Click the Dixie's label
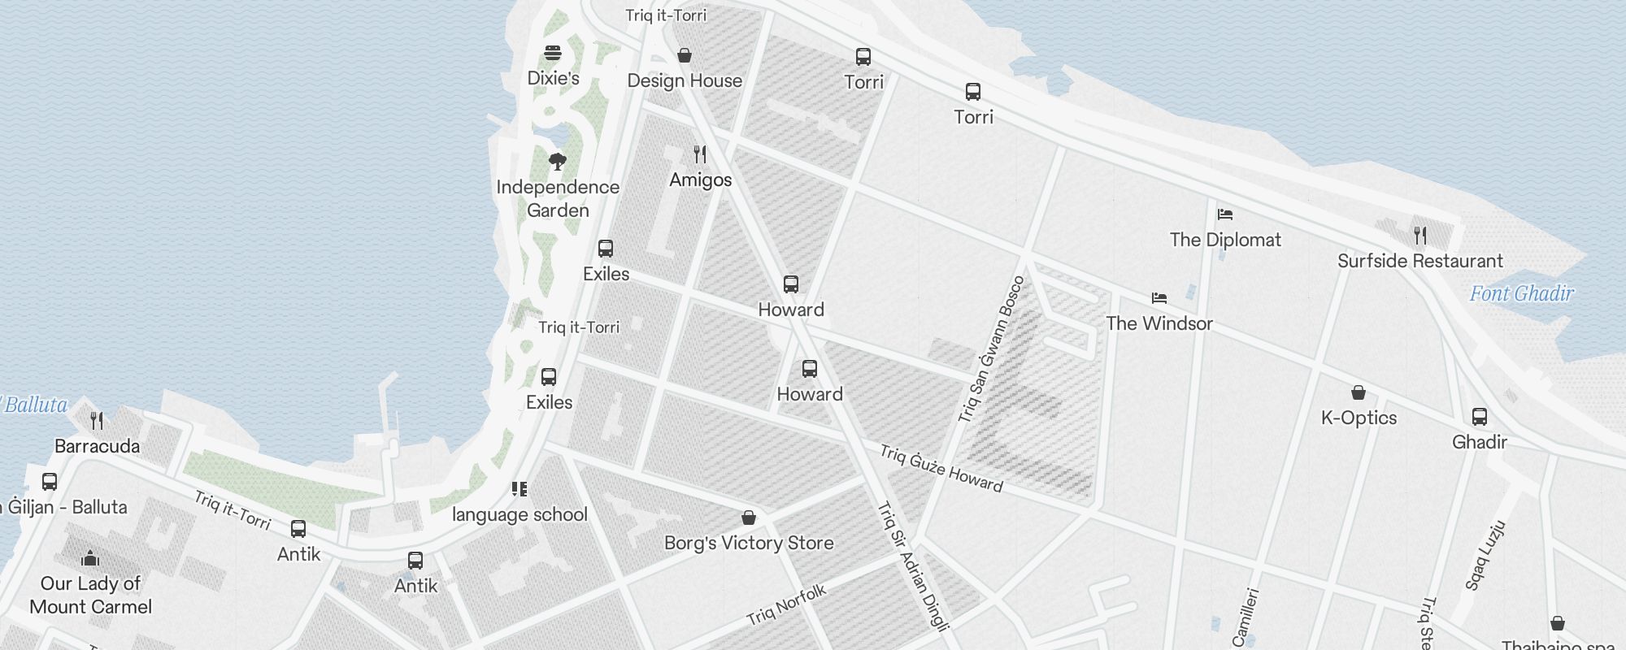coord(553,78)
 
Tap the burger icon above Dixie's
coord(553,54)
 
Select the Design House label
coord(685,80)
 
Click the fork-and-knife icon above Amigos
coord(700,154)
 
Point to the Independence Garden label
coord(558,198)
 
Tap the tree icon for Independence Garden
coord(557,161)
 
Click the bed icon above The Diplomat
coord(1225,214)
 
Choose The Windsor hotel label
coord(1159,323)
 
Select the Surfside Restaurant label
coord(1420,261)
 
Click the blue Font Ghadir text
coord(1521,293)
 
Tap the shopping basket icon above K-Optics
coord(1358,393)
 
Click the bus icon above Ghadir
coord(1480,417)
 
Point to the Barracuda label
coord(97,446)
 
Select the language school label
coord(520,514)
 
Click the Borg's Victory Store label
coord(749,543)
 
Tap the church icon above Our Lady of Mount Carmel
coord(90,558)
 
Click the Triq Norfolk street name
coord(786,604)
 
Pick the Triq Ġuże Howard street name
coord(941,468)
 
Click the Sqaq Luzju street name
coord(1485,556)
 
